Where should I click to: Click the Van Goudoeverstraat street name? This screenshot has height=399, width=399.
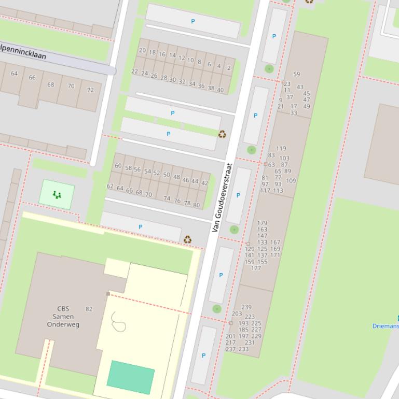[222, 197]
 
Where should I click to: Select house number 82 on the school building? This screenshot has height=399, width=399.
[89, 309]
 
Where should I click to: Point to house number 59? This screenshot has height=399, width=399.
[296, 74]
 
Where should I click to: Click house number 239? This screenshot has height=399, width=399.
[246, 307]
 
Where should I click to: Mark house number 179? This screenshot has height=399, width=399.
[262, 223]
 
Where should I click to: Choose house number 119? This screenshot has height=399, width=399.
[281, 149]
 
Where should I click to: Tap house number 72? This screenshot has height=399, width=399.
[90, 90]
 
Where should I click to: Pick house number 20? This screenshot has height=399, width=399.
[143, 51]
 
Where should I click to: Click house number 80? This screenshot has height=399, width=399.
[196, 205]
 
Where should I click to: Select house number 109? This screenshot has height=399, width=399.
[291, 181]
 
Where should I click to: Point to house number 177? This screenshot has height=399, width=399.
[256, 268]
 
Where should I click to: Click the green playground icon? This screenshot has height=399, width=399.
[57, 195]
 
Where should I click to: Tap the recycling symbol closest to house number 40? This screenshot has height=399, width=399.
[222, 134]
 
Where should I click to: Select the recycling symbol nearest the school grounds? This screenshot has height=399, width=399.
[188, 239]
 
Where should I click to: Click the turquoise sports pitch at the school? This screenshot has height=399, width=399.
[131, 377]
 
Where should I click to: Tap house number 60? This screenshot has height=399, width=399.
[118, 166]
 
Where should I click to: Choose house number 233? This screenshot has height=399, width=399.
[243, 349]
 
